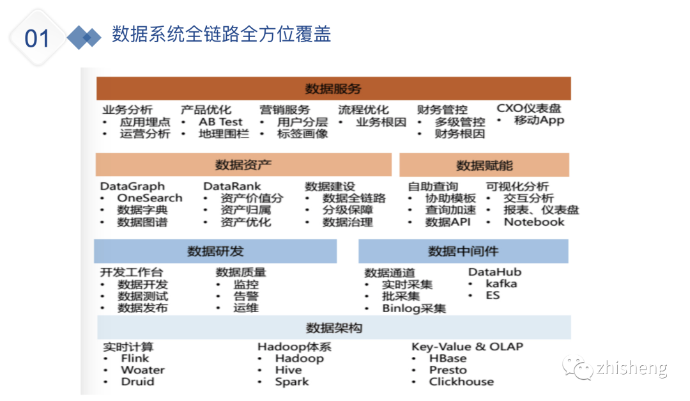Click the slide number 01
[x=37, y=38]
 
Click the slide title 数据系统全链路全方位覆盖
[x=221, y=35]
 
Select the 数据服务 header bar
[x=333, y=89]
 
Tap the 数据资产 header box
[x=243, y=165]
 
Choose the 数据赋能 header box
[x=484, y=166]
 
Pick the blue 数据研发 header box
[x=215, y=251]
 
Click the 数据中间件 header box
[x=463, y=251]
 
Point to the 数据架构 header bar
[x=333, y=328]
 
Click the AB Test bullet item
[x=220, y=122]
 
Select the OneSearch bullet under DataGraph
[x=149, y=198]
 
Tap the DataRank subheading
[x=233, y=186]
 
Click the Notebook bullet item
[x=534, y=222]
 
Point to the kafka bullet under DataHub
[x=501, y=283]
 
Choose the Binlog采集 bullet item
[x=414, y=308]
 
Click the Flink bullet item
[x=135, y=358]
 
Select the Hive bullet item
[x=288, y=370]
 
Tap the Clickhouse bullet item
[x=461, y=382]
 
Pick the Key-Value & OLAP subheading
[x=467, y=347]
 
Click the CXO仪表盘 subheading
[x=530, y=109]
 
